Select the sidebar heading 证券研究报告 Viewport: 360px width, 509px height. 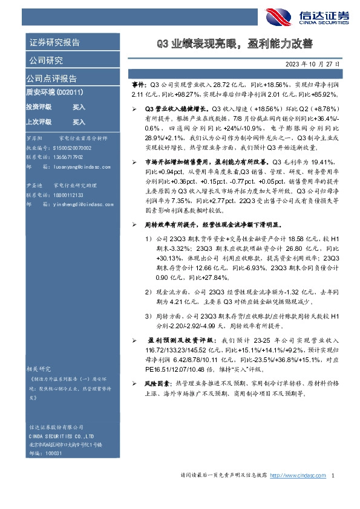(x=54, y=43)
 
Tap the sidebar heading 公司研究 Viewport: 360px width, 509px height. (x=45, y=60)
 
